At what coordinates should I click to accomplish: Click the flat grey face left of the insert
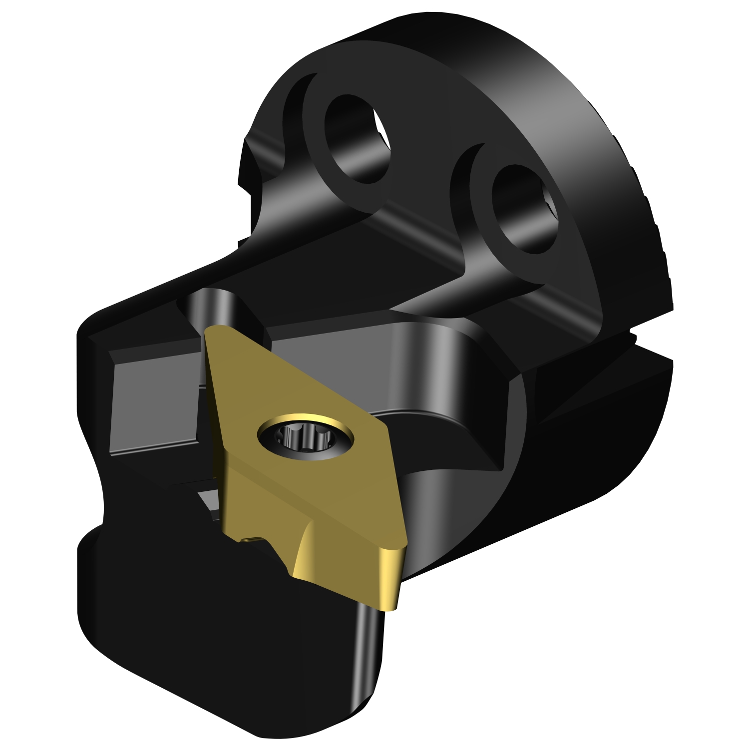coord(155,404)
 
